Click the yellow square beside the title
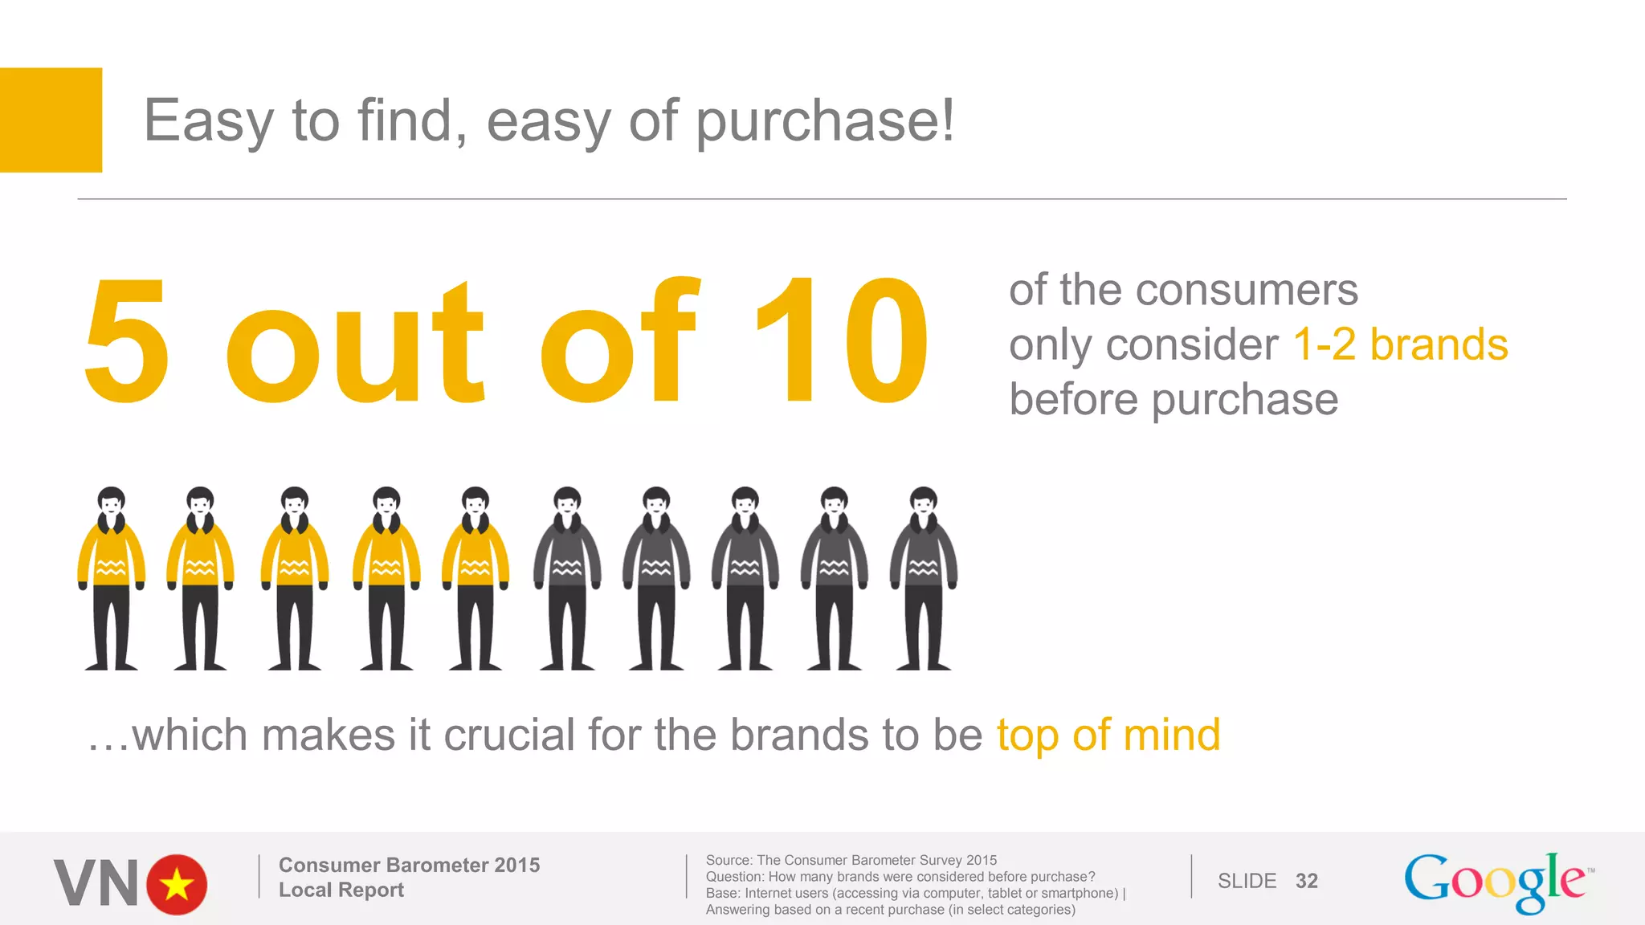[51, 120]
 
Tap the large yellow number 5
[127, 340]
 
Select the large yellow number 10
[841, 340]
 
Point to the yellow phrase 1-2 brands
[1400, 344]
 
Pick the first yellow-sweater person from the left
[112, 577]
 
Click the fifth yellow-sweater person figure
[476, 577]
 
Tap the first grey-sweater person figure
[567, 577]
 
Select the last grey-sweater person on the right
[924, 577]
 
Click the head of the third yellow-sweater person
[295, 503]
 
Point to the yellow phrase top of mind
[1108, 735]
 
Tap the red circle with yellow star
[177, 884]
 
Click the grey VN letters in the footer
[96, 883]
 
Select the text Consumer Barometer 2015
[409, 865]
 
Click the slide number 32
[1306, 881]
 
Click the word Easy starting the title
[208, 122]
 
